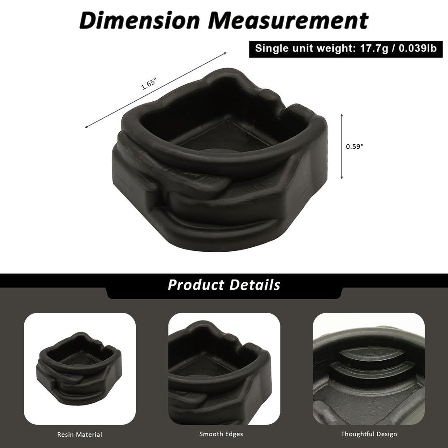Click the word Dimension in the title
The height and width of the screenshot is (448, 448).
click(139, 20)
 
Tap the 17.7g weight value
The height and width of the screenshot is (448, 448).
click(374, 48)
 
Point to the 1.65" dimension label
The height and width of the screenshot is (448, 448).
click(149, 83)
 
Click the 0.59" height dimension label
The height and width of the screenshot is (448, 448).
click(354, 146)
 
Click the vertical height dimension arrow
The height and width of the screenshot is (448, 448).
click(342, 146)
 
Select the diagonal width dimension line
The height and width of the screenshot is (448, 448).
click(156, 90)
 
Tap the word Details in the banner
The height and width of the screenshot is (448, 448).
click(255, 285)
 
